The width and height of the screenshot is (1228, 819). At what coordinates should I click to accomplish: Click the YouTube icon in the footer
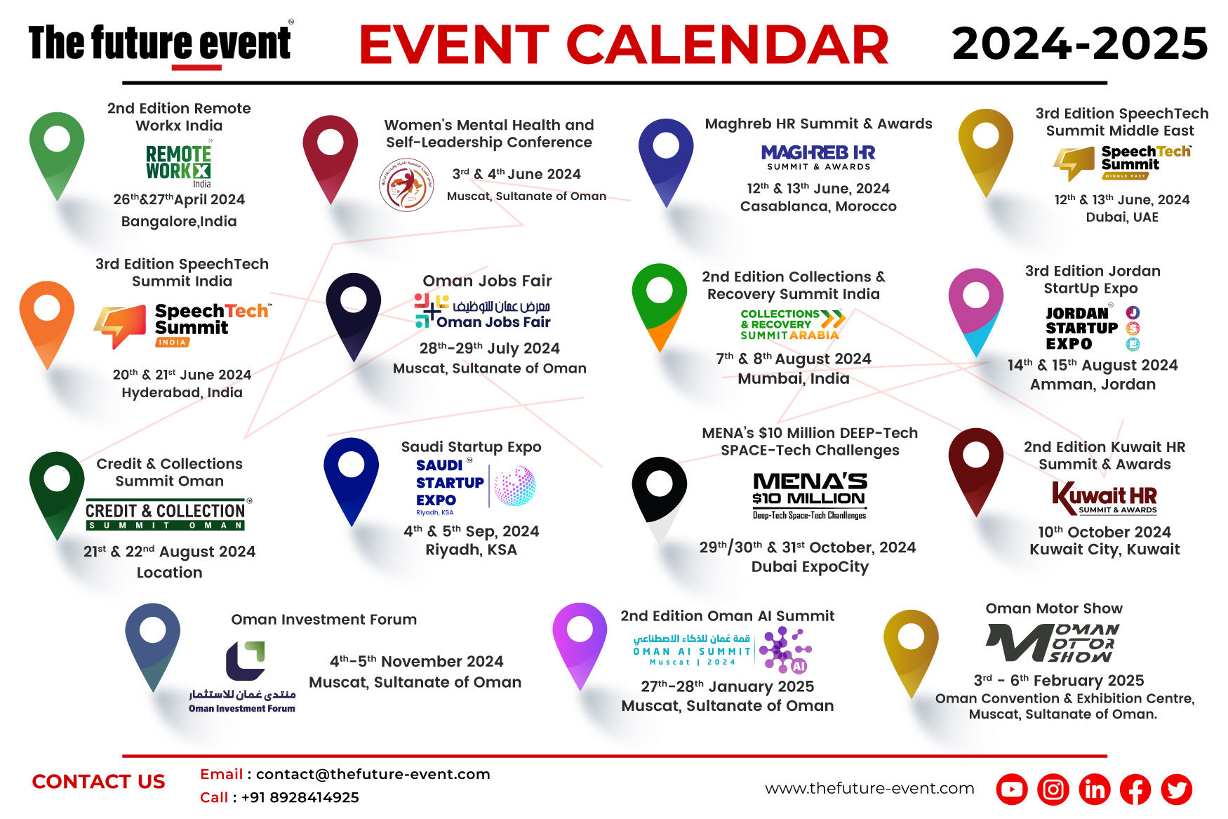1011,790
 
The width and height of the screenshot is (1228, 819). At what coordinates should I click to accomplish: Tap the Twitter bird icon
1176,790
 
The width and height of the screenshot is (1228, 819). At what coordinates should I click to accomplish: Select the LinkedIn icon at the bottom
1094,790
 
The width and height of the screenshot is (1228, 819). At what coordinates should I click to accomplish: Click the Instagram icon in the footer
1053,790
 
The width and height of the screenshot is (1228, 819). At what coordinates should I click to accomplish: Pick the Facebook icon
1135,790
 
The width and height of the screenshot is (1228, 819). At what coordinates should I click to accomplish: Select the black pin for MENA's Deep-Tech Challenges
659,491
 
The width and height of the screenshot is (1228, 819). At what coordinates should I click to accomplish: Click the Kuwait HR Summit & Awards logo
1104,498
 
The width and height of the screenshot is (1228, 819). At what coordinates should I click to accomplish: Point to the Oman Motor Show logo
1052,642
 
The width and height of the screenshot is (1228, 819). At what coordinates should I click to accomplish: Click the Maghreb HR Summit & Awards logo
818,157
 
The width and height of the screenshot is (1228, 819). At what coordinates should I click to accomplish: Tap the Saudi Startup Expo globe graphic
514,486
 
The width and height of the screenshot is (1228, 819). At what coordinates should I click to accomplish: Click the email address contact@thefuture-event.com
373,774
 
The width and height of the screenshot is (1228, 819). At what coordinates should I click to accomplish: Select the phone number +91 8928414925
300,797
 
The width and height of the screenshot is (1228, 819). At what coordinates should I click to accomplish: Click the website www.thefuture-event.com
869,788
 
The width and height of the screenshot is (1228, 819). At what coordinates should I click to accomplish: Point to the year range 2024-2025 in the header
1079,44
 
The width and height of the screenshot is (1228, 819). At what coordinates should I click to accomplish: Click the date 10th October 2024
1104,532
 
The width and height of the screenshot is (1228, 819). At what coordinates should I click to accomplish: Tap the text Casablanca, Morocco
818,206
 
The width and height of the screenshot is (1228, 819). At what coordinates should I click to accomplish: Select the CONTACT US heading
98,782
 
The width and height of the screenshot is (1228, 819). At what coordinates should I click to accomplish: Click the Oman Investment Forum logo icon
245,660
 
